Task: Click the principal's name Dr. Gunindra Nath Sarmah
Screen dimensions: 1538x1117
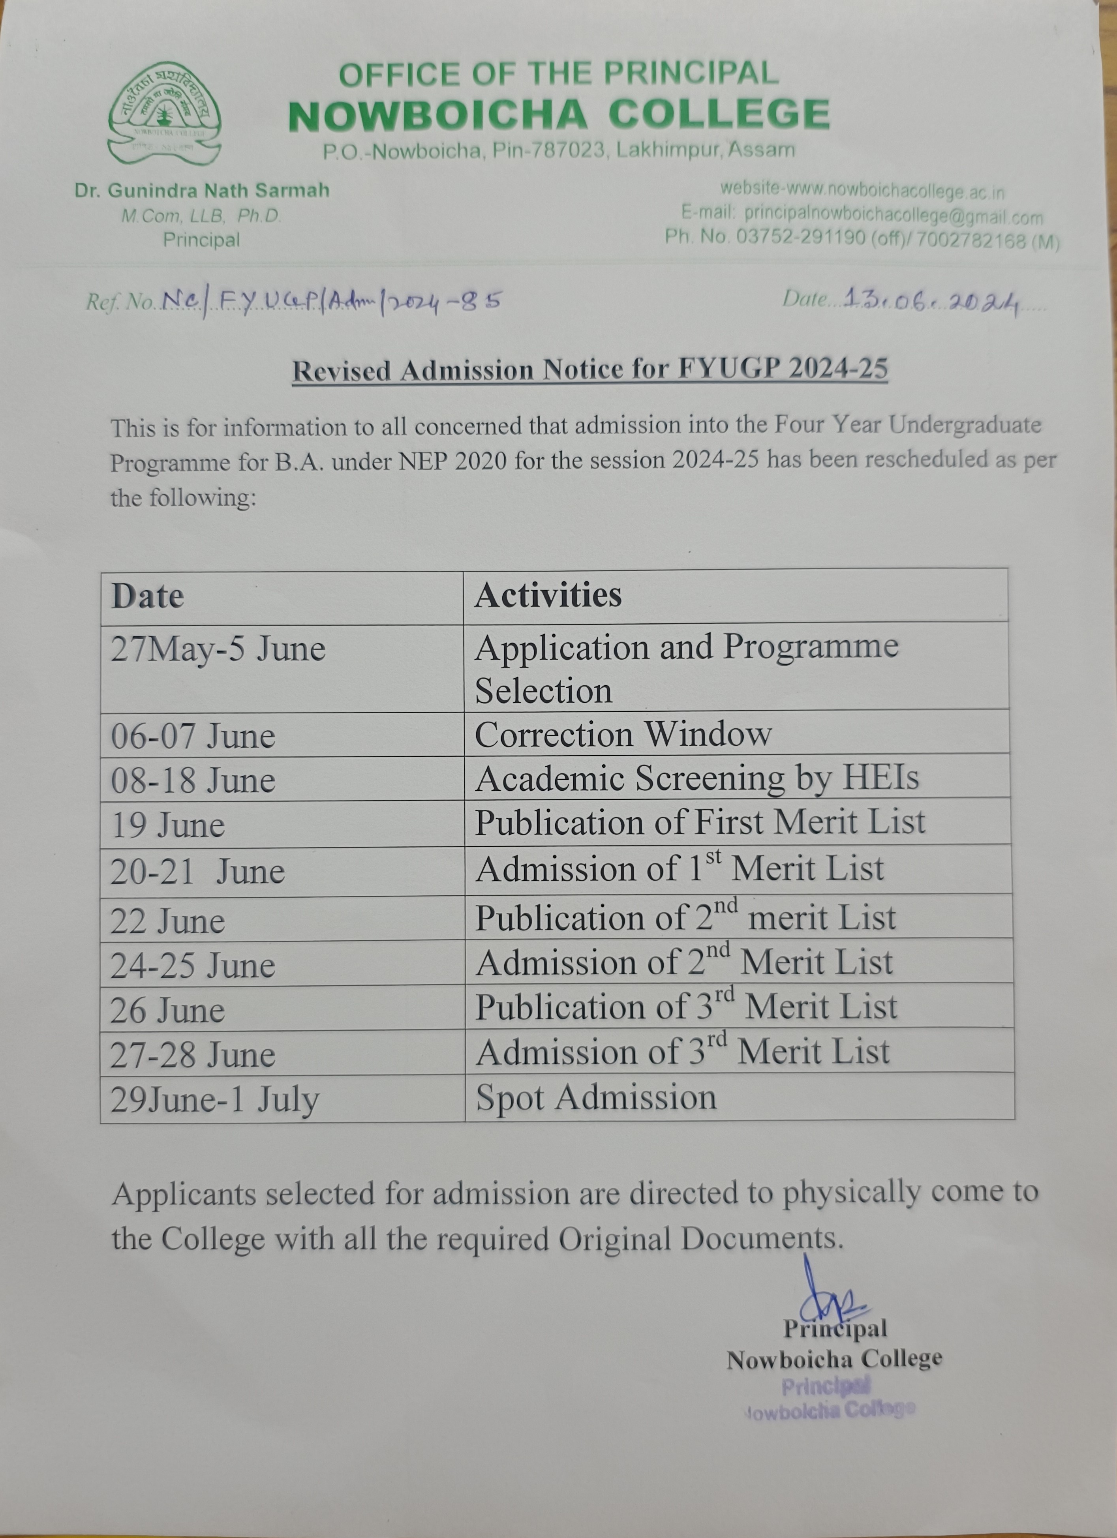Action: point(202,191)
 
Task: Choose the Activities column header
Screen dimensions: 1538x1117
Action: point(548,595)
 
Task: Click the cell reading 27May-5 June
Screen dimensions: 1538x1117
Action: point(218,649)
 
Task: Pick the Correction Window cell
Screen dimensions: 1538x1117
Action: point(623,734)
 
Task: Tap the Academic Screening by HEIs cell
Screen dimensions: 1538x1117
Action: point(697,778)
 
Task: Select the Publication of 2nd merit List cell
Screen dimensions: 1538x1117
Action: point(685,917)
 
